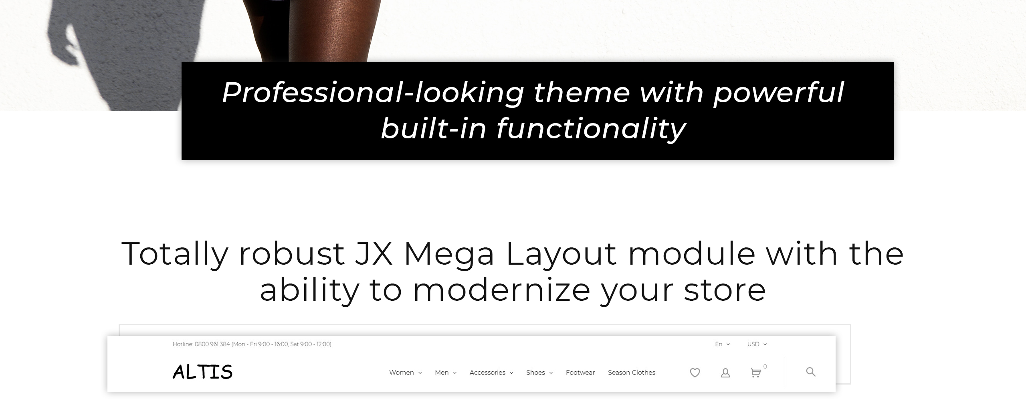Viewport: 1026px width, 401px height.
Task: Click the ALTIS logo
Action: (x=202, y=372)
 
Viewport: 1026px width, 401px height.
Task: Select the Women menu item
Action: (x=405, y=373)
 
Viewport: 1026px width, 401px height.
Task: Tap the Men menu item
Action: (x=446, y=373)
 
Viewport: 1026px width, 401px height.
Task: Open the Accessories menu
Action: (x=491, y=373)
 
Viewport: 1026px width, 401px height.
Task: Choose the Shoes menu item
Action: (x=539, y=373)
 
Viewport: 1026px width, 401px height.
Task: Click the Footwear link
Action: (x=580, y=373)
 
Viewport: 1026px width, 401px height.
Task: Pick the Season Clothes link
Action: (x=632, y=373)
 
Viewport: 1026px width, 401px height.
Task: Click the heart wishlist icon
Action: (x=695, y=373)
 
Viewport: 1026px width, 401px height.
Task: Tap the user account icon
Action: (x=725, y=373)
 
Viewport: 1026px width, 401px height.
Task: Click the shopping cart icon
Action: (x=756, y=373)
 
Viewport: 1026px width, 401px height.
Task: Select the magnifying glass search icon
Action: (x=811, y=372)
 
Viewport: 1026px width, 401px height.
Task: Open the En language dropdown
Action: (x=723, y=344)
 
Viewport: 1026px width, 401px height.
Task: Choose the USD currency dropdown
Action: (x=757, y=344)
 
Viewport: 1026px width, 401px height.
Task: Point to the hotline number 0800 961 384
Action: (x=212, y=344)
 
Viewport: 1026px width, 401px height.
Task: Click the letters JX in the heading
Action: (x=374, y=253)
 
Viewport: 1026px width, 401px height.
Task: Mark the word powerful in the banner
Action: (x=779, y=93)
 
